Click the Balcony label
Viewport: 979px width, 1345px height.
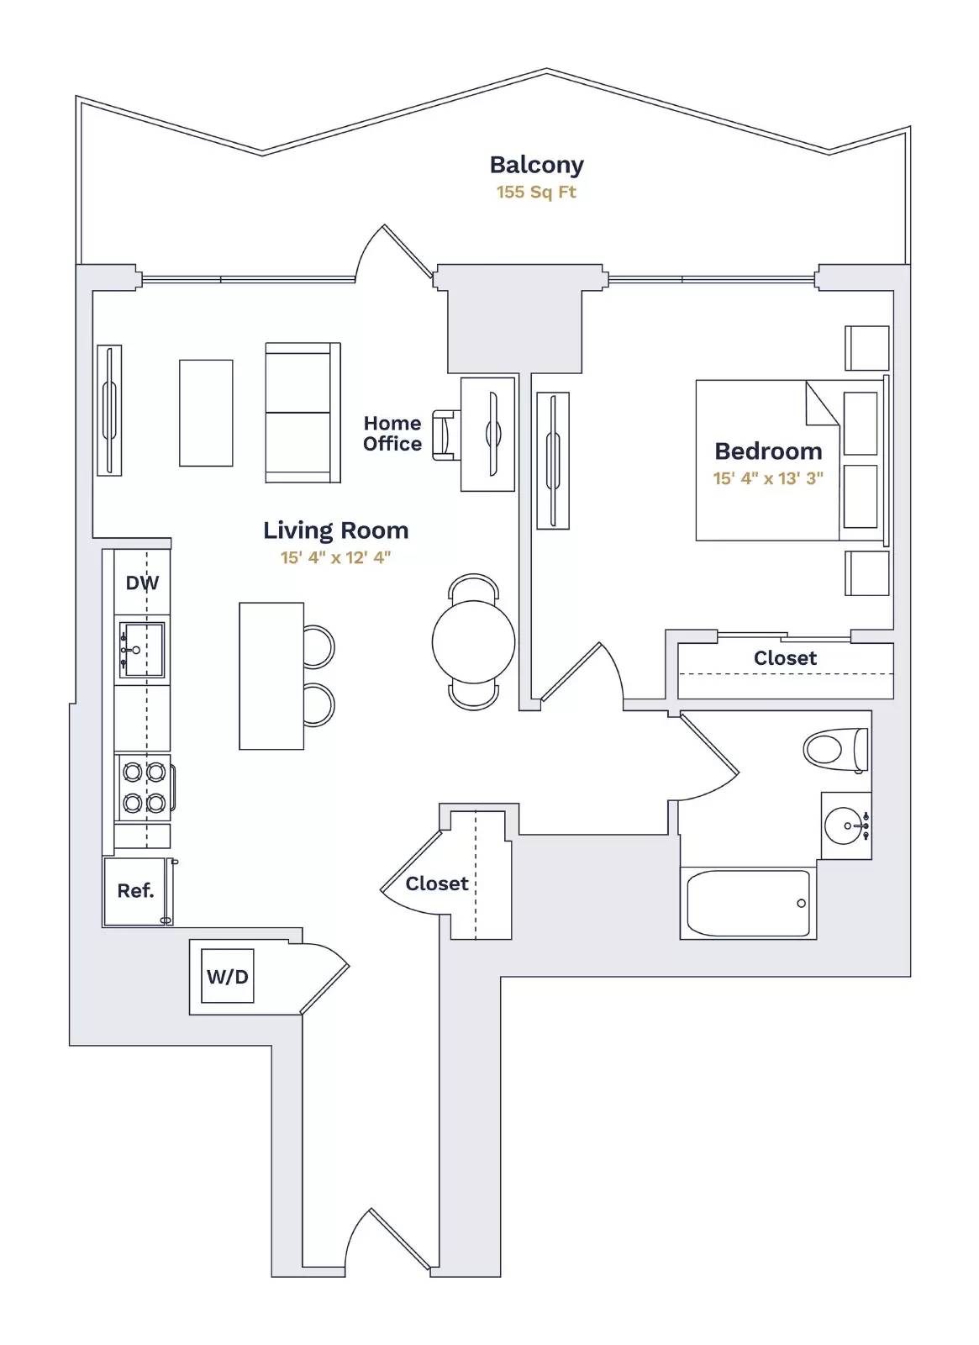click(x=536, y=165)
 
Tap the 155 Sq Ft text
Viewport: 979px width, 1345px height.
click(x=536, y=192)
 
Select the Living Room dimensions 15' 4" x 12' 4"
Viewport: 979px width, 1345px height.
click(x=335, y=557)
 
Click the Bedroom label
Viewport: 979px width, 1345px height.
click(x=768, y=451)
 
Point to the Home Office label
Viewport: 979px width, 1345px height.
click(x=392, y=434)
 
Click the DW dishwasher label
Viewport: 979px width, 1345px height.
click(x=142, y=583)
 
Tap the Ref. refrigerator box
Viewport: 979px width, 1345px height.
click(x=135, y=891)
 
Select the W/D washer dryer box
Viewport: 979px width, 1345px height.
click(x=227, y=977)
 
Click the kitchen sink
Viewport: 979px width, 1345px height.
click(x=141, y=650)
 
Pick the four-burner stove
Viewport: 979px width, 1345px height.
click(x=144, y=787)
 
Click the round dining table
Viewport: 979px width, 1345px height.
click(x=473, y=642)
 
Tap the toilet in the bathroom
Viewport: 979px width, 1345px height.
click(x=834, y=749)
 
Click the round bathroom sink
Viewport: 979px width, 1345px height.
click(x=843, y=825)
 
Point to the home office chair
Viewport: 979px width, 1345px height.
click(x=445, y=435)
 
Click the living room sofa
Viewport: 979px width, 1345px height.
click(x=301, y=412)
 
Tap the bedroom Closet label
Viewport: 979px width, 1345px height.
click(x=785, y=658)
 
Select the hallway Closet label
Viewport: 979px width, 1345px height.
click(x=436, y=883)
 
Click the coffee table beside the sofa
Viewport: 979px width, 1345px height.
click(x=206, y=413)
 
